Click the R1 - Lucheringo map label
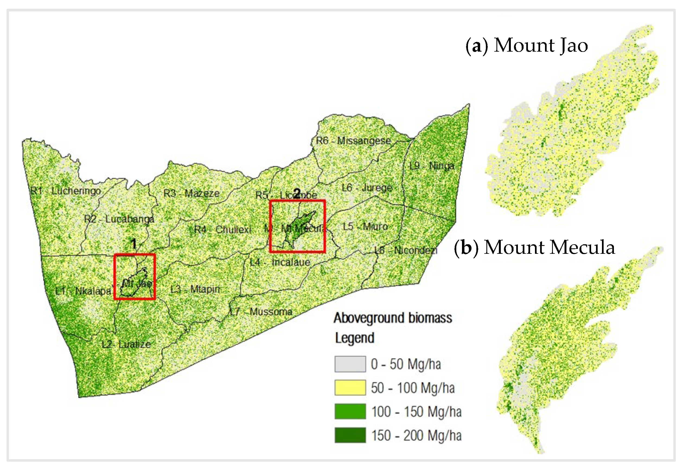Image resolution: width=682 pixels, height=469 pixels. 66,191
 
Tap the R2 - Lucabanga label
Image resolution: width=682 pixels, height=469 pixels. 119,219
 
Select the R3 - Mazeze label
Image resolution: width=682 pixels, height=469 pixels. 191,193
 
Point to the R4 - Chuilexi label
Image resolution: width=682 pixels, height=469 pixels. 223,230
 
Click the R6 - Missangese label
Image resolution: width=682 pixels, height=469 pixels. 353,141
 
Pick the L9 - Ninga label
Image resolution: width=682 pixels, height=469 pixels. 432,166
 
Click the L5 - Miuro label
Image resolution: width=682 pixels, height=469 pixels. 365,227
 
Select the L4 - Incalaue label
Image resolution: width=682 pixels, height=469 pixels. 280,262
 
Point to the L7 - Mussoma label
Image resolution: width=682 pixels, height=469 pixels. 261,312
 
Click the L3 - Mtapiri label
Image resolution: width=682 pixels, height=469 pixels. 195,289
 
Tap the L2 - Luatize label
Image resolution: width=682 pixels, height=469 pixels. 126,344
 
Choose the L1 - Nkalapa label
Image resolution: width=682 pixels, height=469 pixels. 83,291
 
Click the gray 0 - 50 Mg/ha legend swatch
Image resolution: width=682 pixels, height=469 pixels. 350,364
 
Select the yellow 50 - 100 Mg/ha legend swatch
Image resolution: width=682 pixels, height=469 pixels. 350,387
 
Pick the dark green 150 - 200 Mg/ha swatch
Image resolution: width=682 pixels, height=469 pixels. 350,435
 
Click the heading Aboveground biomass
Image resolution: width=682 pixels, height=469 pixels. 393,318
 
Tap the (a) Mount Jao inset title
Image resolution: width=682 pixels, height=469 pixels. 527,46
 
